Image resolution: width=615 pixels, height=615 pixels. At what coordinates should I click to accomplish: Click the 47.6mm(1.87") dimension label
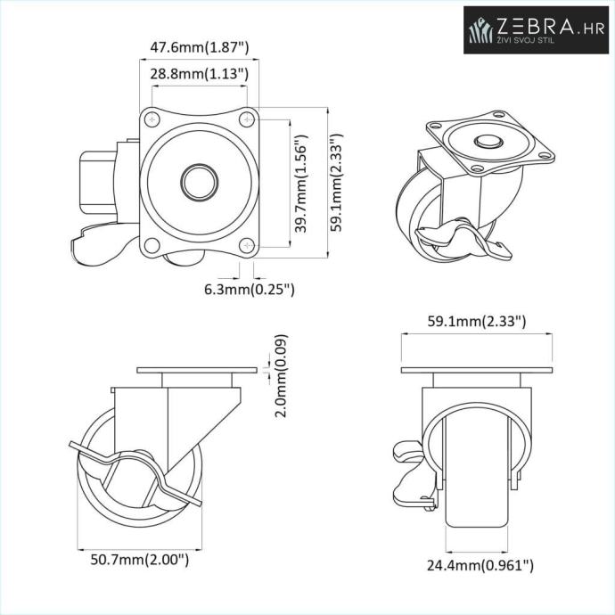pos(200,48)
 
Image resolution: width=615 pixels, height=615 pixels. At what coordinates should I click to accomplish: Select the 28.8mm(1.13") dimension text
pos(200,73)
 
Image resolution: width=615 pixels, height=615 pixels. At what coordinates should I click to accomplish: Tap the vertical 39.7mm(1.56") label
pos(301,184)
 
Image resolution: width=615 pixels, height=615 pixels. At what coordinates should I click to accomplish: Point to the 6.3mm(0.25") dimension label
pos(250,290)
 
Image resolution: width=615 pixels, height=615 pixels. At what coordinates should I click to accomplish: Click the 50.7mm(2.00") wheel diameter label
pos(140,559)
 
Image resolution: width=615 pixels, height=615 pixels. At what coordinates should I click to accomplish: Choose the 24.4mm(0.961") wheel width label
pos(480,565)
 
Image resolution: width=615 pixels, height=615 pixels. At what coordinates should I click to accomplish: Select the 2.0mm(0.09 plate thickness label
pos(281,376)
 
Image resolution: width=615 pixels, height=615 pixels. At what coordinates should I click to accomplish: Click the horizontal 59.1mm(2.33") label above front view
pos(477,321)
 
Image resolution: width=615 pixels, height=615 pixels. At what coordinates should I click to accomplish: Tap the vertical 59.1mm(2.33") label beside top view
pos(336,183)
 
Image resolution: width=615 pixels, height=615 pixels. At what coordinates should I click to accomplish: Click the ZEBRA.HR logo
pos(537,29)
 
